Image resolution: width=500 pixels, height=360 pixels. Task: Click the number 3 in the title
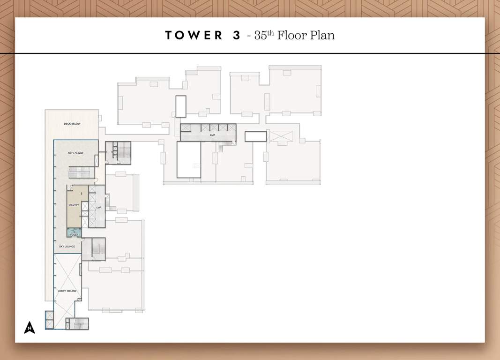point(236,36)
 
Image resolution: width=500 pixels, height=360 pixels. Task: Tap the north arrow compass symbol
point(30,327)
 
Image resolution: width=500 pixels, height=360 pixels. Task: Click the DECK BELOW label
point(72,124)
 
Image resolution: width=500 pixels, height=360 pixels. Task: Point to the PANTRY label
point(74,205)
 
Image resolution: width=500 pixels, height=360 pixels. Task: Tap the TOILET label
point(74,234)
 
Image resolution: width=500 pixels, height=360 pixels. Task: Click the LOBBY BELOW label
point(67,291)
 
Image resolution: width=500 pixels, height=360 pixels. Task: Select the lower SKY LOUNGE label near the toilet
point(67,247)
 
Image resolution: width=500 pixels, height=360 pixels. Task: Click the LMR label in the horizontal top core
point(212,135)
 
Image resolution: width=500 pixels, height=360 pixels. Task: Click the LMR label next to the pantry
point(99,207)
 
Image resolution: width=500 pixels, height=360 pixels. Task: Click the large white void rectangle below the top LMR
point(188,159)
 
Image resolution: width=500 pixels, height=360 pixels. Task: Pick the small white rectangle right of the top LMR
point(255,136)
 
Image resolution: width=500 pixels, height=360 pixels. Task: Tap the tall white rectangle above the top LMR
point(180,106)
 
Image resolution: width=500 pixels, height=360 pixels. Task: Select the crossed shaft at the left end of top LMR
point(186,127)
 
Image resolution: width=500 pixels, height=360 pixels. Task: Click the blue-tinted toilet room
point(74,232)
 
